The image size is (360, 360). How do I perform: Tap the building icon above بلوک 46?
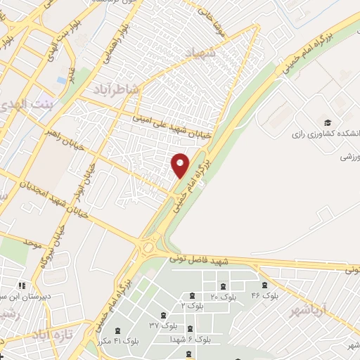[x=264, y=285]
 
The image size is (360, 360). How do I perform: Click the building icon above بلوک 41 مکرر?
[x=116, y=329]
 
